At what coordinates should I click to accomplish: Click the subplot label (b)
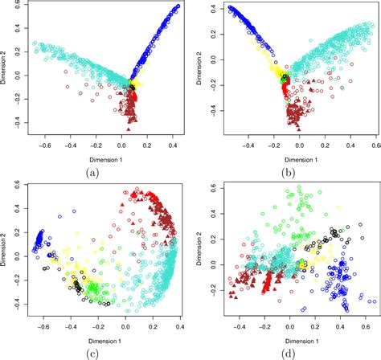point(287,170)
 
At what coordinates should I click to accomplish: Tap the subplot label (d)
point(287,351)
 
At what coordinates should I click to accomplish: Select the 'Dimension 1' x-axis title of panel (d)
point(287,338)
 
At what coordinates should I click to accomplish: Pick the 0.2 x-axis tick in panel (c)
point(153,329)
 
